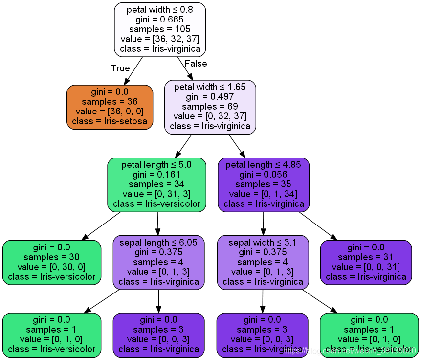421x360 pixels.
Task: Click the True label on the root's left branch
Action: pos(120,68)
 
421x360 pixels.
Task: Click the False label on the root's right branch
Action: pos(196,64)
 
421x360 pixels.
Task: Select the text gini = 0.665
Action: pos(160,19)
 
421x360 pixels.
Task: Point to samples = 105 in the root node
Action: pos(160,29)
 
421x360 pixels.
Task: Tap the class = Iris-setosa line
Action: pos(110,121)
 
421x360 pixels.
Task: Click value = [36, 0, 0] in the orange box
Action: pos(110,112)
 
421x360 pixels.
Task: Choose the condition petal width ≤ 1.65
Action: pos(210,88)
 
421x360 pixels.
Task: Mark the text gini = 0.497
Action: pos(210,97)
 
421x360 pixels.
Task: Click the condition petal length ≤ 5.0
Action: pos(156,165)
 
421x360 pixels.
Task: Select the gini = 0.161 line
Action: pos(156,175)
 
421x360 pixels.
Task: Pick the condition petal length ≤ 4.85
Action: pos(264,165)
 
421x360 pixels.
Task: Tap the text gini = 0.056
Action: pos(264,175)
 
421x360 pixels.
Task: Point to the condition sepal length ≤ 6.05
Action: pos(158,243)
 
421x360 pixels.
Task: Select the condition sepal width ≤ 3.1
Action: pos(263,243)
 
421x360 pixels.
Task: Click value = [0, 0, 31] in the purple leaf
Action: pos(366,267)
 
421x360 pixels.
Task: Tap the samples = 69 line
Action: pos(210,107)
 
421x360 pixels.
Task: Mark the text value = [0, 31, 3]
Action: pos(156,194)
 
